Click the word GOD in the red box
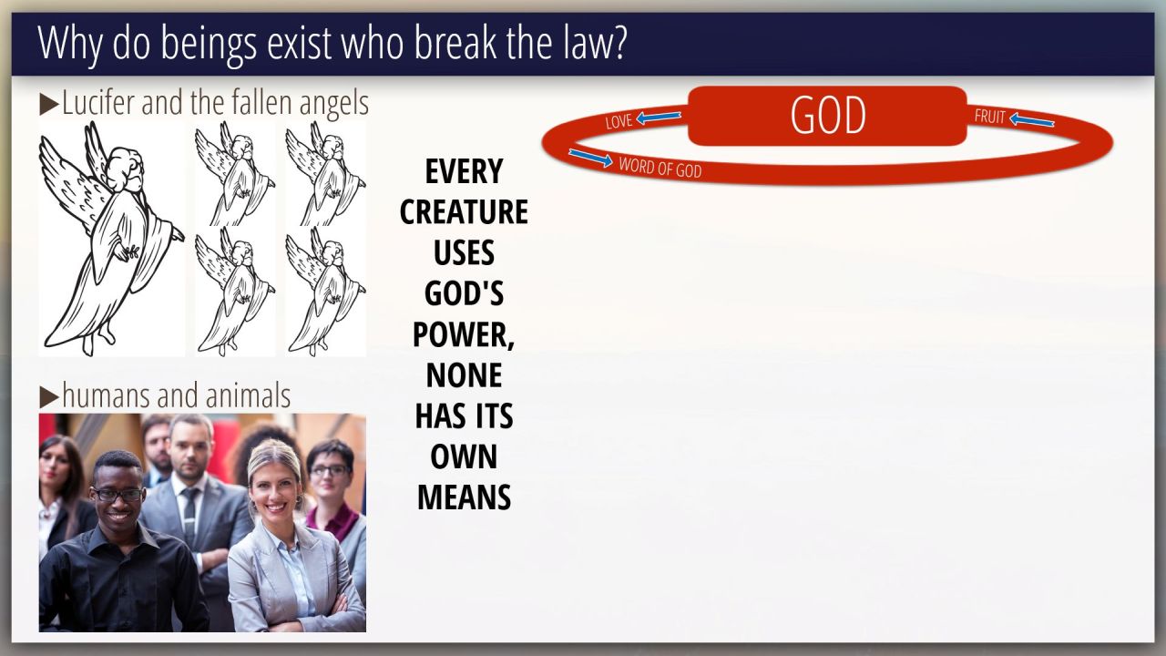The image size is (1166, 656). [x=828, y=115]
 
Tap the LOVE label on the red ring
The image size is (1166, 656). [x=619, y=121]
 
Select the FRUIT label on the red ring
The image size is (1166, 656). [x=989, y=117]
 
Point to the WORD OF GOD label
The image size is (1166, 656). [x=660, y=167]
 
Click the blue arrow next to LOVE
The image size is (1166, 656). [x=659, y=118]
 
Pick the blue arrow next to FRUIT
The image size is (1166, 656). [x=1032, y=121]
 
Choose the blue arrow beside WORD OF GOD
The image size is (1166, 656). [x=590, y=158]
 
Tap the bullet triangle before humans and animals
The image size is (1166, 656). [x=49, y=397]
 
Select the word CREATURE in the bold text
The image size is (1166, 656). [x=464, y=212]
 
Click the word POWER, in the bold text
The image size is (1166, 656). [x=464, y=334]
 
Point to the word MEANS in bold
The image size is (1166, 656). [x=464, y=497]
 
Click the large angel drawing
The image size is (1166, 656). [x=111, y=239]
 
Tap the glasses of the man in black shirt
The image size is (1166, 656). [x=118, y=495]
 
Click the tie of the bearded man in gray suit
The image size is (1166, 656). [x=189, y=516]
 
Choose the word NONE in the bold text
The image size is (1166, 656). [x=464, y=375]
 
